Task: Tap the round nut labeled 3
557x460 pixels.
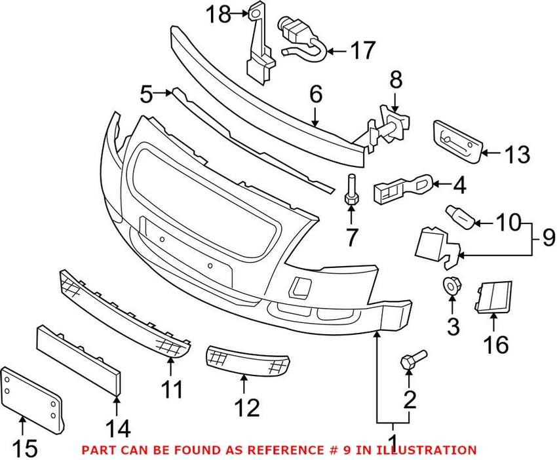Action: tap(451, 286)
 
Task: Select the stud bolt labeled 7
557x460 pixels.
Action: tap(351, 190)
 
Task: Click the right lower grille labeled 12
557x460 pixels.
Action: tap(248, 359)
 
